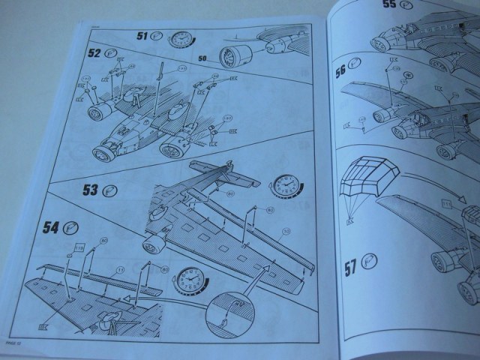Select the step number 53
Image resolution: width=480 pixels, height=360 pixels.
pyautogui.click(x=91, y=190)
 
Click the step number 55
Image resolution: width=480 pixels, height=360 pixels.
pyautogui.click(x=391, y=4)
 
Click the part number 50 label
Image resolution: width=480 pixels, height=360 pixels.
pyautogui.click(x=203, y=58)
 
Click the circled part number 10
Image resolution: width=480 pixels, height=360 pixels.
pyautogui.click(x=285, y=231)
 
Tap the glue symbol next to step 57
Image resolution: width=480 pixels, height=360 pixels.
pyautogui.click(x=370, y=261)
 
